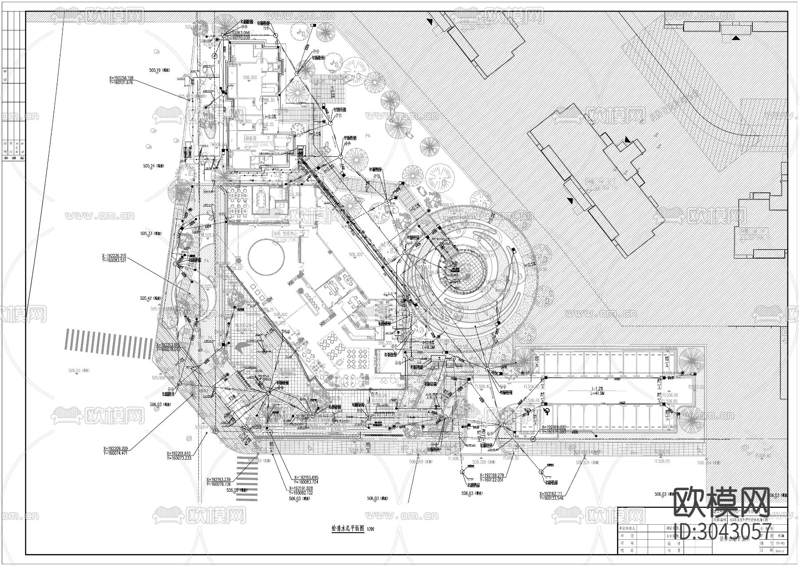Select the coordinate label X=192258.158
121,78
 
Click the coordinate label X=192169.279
492,475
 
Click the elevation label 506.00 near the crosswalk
233,490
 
